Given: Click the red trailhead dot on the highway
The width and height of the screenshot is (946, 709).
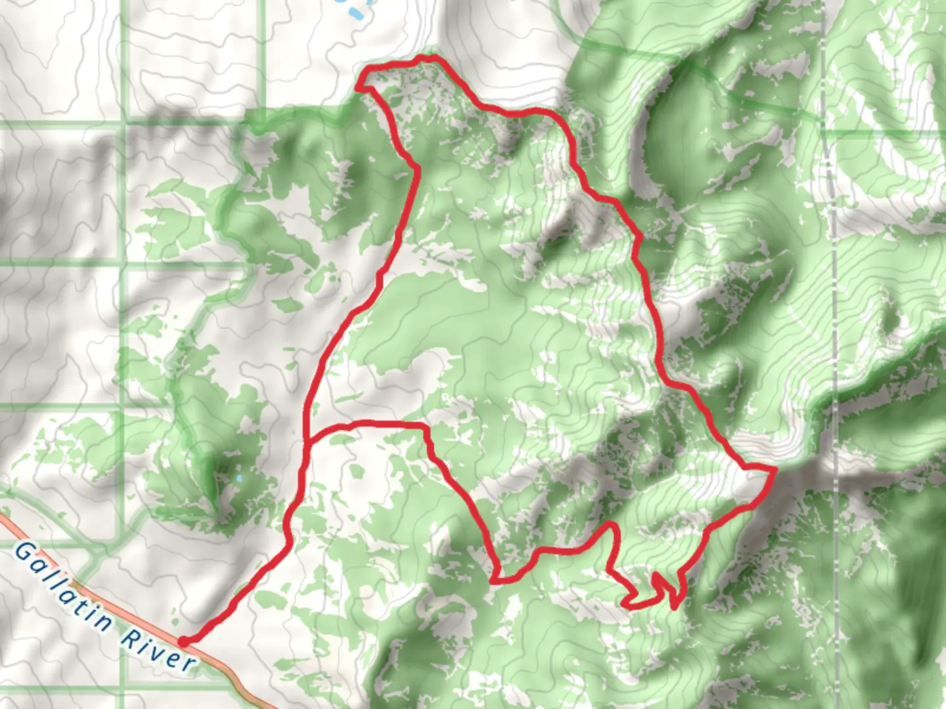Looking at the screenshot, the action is point(185,641).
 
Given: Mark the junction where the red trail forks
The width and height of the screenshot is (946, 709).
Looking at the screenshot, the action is point(307,443).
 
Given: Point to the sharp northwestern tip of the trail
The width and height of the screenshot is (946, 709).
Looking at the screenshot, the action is point(358,85).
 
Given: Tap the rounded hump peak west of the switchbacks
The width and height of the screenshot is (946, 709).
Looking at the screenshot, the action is point(612,525).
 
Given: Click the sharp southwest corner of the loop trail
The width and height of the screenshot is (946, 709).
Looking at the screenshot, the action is point(495,580).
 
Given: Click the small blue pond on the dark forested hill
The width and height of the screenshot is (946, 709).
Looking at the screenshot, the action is point(239,479).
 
